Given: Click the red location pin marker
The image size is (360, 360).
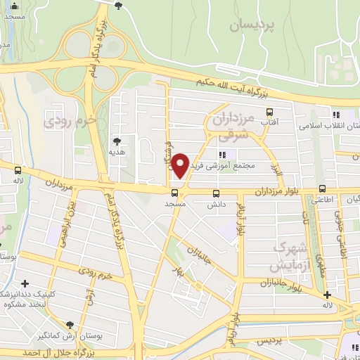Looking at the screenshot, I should coord(181,164).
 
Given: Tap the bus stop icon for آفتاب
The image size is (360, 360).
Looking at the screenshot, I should coord(269,112).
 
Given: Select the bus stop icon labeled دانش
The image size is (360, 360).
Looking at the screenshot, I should coord(216,192).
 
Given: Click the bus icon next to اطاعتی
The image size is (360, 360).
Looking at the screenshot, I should coord(322,188).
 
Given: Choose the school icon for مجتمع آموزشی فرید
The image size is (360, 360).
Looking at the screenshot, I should coord(223,155).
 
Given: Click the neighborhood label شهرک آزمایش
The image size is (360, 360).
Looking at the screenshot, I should coord(291,258).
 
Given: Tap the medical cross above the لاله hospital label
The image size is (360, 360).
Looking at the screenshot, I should coord(326,294).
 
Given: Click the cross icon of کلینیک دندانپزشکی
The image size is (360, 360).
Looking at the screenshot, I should coord(25,283).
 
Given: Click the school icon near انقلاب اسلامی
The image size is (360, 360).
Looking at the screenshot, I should coord(336,115).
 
